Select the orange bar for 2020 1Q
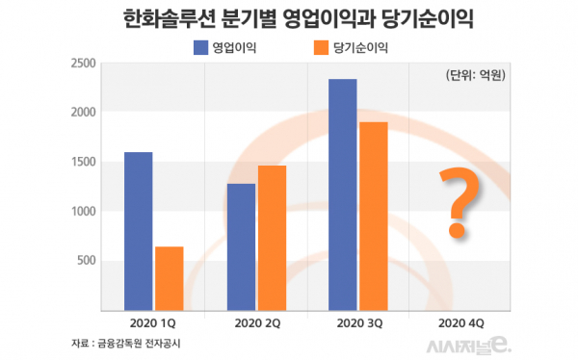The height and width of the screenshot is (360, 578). (170, 278)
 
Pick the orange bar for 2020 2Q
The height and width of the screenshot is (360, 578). (272, 238)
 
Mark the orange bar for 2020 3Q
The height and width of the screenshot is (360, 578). (374, 216)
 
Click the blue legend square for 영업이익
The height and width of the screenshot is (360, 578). (201, 46)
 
